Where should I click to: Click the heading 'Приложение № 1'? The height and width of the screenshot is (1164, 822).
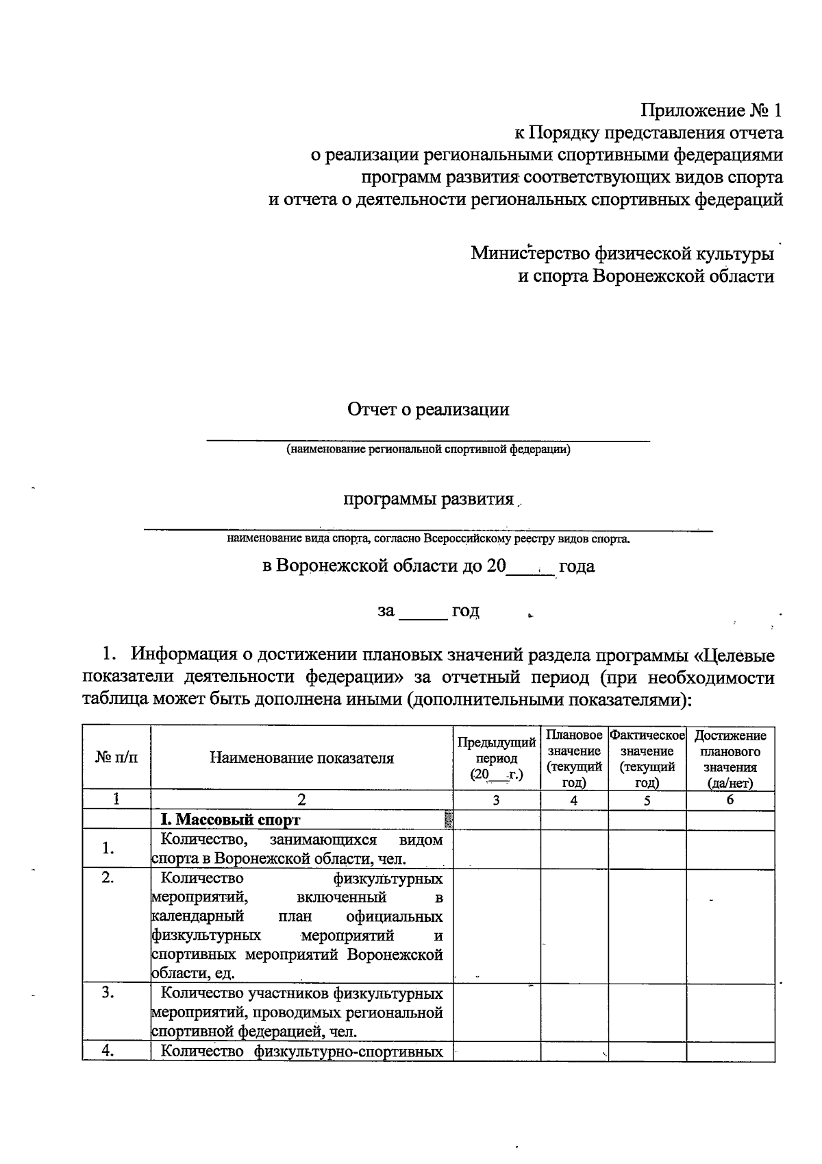[x=710, y=110]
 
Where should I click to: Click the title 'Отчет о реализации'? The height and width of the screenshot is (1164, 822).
[x=428, y=410]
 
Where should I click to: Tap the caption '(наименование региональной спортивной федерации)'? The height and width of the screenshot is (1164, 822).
[x=428, y=450]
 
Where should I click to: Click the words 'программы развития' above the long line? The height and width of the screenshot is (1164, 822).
[x=428, y=499]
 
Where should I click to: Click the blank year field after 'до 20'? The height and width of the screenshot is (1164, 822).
[x=530, y=568]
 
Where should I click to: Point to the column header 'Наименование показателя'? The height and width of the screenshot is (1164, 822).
[x=301, y=758]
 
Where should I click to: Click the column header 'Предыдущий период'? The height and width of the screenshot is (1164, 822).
[x=496, y=758]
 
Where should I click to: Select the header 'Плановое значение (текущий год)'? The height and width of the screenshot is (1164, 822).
[x=574, y=758]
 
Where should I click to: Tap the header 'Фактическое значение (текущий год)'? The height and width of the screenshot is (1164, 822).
[x=647, y=758]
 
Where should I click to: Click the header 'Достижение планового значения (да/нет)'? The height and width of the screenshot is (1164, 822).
[x=730, y=758]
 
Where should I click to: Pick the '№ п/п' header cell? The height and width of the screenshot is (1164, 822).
[x=116, y=758]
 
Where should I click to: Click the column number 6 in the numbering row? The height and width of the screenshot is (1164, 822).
[x=730, y=800]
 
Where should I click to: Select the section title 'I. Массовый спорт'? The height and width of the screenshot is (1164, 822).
[x=230, y=820]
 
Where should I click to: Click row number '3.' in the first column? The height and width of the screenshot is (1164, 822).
[x=108, y=993]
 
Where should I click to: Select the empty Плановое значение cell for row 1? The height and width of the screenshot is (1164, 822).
[x=574, y=849]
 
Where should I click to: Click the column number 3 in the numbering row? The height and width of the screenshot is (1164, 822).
[x=496, y=800]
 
